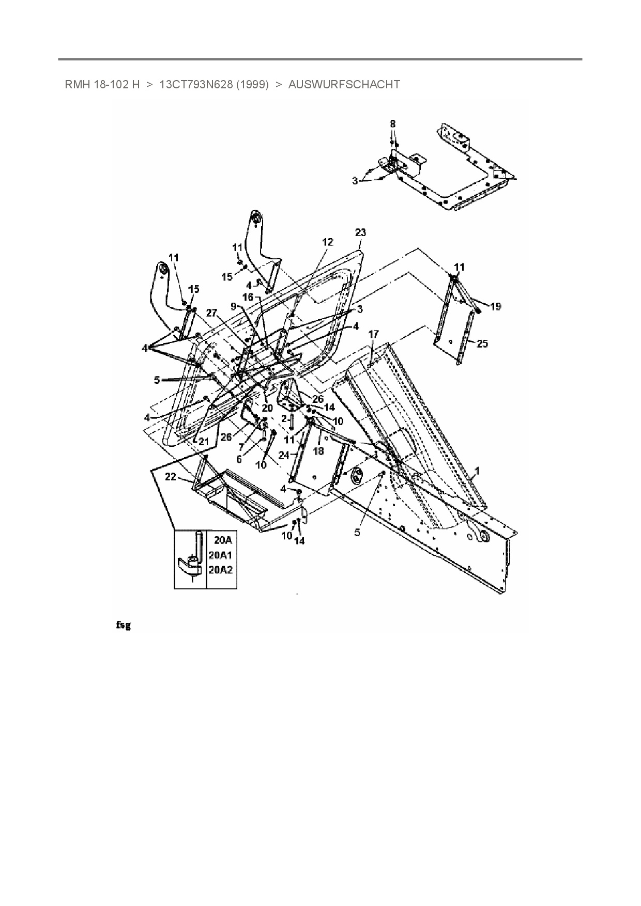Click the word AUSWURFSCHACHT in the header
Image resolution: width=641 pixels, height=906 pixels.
[344, 85]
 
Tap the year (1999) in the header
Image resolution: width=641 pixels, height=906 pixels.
[252, 85]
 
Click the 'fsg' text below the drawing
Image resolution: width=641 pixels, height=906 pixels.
[123, 626]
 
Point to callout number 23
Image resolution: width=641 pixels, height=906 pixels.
[360, 233]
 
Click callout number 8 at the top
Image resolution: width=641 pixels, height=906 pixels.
[393, 124]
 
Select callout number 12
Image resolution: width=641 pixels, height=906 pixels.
[328, 242]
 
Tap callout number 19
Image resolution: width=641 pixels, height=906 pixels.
[495, 307]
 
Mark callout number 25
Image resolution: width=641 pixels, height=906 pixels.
[482, 343]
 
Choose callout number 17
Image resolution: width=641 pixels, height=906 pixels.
[373, 335]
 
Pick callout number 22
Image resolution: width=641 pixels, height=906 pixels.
[171, 477]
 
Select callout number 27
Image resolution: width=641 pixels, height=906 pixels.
[211, 313]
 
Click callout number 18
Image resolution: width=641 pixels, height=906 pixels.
[318, 451]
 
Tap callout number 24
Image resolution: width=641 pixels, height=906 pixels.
[283, 456]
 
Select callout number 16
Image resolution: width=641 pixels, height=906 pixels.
[248, 298]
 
